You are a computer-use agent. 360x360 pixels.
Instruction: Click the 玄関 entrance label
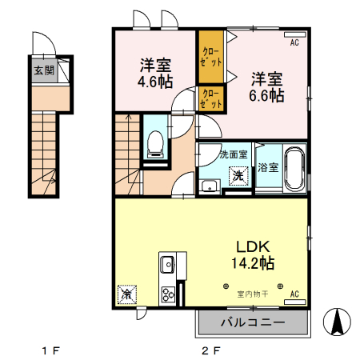point(44,70)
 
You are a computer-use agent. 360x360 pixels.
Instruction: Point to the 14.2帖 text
point(254,262)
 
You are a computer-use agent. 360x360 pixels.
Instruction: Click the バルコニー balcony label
point(253,323)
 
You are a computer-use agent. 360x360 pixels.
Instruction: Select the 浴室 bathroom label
point(268,167)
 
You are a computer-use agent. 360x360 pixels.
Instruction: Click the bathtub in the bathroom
point(294,167)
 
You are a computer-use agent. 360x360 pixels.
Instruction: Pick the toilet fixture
point(155,144)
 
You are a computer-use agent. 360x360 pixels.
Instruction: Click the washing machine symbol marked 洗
point(238,175)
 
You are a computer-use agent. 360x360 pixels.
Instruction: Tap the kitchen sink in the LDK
point(169,265)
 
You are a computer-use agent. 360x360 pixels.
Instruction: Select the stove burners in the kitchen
point(169,294)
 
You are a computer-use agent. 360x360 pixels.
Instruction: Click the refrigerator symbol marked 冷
point(126,294)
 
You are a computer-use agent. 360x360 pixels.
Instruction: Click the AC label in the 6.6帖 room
point(294,43)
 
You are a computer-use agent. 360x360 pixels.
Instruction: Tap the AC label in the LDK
point(294,294)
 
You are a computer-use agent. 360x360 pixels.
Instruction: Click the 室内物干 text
point(253,294)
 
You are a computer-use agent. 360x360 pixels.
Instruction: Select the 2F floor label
point(210,350)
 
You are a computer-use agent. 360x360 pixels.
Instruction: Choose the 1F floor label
point(51,350)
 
